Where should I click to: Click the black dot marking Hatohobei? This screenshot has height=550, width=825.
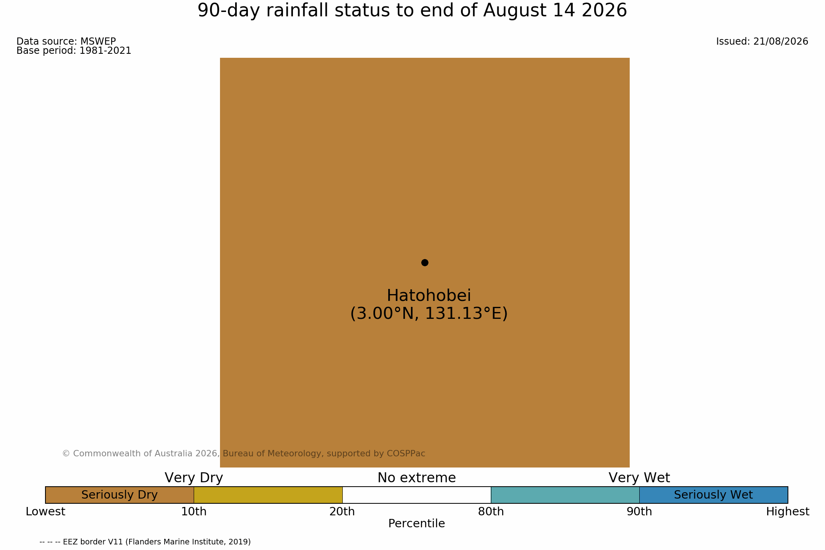pos(425,263)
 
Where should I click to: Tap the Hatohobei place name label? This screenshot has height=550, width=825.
pos(429,296)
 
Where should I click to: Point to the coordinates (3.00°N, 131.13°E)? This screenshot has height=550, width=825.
pos(429,314)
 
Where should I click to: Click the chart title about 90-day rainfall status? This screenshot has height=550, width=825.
pos(412,10)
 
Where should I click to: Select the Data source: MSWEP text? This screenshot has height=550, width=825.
pos(66,41)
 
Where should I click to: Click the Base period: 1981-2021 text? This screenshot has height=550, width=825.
pos(74,51)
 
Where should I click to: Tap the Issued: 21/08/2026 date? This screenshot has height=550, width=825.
pos(762,41)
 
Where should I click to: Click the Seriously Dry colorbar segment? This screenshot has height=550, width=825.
pos(120,495)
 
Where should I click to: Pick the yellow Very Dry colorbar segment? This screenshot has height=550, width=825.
pos(268,495)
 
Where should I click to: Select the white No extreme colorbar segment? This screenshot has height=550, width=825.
pos(416,495)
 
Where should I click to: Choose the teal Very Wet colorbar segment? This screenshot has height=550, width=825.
pos(565,495)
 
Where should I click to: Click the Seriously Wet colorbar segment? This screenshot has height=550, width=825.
pos(713,495)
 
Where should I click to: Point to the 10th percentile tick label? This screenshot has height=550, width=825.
pos(194,512)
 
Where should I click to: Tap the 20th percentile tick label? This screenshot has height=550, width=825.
pos(342,512)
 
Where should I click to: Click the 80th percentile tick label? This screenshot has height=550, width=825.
pos(491,512)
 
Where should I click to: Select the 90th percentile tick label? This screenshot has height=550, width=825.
pos(639,512)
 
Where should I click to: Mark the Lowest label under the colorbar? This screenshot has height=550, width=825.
pos(45,512)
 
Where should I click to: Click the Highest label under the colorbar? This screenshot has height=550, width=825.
pos(788,512)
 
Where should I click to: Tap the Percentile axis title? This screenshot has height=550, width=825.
pos(416,524)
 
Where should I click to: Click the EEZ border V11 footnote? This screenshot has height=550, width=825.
pos(145,542)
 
